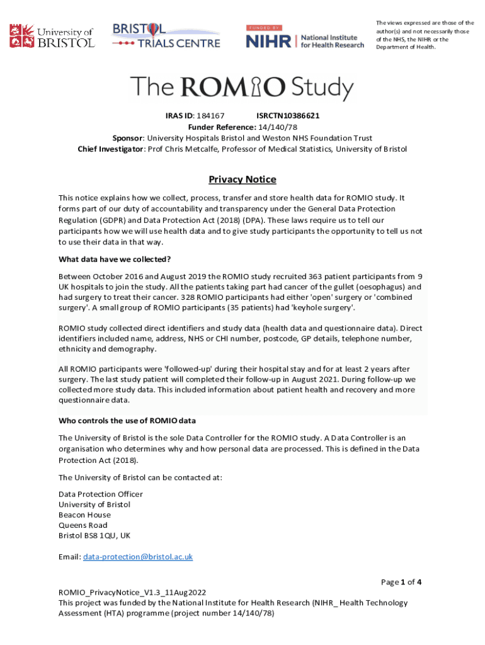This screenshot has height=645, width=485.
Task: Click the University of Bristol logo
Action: click(52, 36)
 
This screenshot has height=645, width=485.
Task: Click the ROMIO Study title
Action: click(242, 88)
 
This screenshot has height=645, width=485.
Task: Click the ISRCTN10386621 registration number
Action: click(288, 117)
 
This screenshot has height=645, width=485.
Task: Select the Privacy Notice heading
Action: click(243, 180)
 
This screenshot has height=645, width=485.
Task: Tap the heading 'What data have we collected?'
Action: click(115, 259)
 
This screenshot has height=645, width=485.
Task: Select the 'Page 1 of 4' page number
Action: click(401, 582)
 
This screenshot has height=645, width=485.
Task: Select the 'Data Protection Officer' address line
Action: click(101, 494)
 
